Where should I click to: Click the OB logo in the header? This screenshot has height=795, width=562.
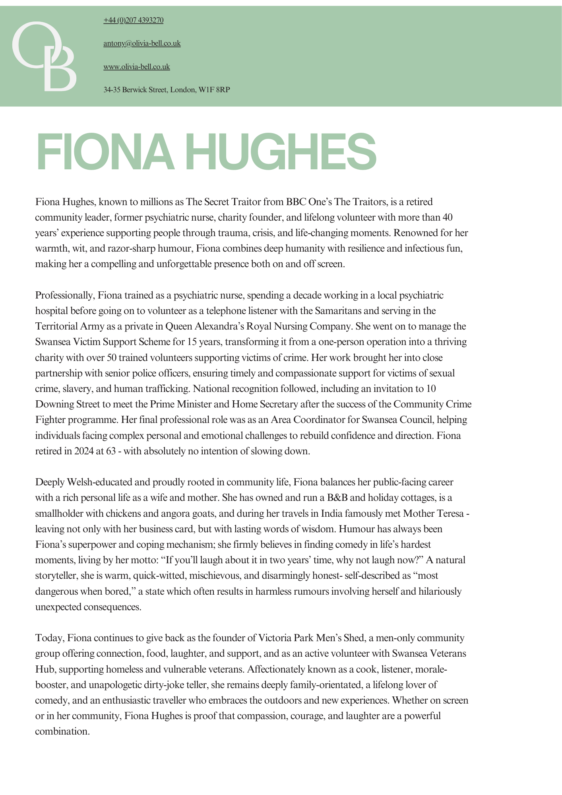[x=44, y=56]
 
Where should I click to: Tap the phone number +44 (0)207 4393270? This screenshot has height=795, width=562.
[x=133, y=20]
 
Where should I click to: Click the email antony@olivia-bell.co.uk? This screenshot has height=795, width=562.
[x=142, y=43]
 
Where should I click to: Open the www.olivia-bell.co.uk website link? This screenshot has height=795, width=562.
[x=137, y=67]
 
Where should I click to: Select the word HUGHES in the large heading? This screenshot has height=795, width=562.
[x=281, y=152]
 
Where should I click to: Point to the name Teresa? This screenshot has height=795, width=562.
[x=450, y=514]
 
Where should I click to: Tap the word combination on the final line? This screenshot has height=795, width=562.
[x=62, y=731]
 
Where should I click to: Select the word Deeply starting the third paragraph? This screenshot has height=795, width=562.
[x=49, y=482]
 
